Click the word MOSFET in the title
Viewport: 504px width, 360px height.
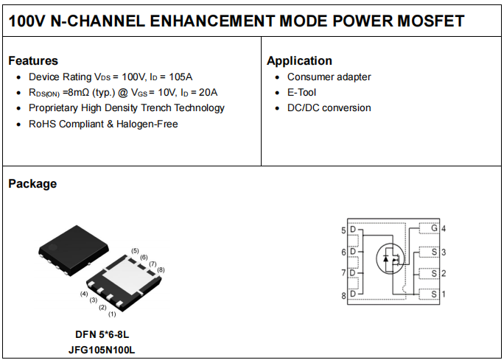click(x=431, y=21)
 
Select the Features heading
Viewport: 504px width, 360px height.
click(x=33, y=60)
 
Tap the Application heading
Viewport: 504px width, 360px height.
click(x=299, y=60)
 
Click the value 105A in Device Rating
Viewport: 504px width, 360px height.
click(x=181, y=77)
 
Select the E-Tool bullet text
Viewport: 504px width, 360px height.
click(x=301, y=93)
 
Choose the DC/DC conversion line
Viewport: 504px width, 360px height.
click(x=329, y=108)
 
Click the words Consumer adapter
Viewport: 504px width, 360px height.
click(x=329, y=77)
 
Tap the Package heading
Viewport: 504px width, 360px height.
click(x=32, y=184)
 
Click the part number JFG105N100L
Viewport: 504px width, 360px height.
click(x=102, y=350)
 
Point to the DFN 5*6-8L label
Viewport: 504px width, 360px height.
click(x=102, y=335)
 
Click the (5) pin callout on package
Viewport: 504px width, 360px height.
click(x=135, y=251)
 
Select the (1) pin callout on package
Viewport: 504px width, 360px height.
click(x=112, y=314)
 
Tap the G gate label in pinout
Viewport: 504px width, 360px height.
click(x=434, y=228)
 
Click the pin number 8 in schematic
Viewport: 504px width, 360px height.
click(x=343, y=296)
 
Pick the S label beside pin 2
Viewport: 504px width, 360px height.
click(x=434, y=274)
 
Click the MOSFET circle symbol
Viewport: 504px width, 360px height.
click(x=391, y=258)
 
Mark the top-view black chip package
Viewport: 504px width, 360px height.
click(x=74, y=250)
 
